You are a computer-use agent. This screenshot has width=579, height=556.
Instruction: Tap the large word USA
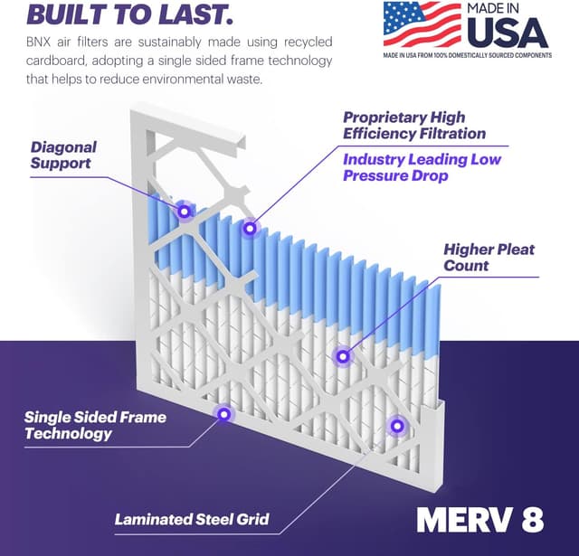tap(508, 33)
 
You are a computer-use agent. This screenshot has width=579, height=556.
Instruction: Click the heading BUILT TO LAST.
tap(128, 14)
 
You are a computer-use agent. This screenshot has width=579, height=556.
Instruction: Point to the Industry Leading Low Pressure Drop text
tap(421, 167)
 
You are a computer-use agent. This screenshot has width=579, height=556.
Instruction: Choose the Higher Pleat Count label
tap(489, 257)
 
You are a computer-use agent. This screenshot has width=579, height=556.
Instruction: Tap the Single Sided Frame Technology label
tap(95, 425)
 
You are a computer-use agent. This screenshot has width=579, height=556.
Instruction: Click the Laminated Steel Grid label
tap(192, 519)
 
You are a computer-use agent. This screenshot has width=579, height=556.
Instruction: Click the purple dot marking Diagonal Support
tap(184, 212)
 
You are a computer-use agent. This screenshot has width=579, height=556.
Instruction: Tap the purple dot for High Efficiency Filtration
tap(250, 229)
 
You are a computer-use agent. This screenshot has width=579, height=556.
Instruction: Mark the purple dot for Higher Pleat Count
tap(342, 356)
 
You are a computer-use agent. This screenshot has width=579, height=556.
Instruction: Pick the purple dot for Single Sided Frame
tap(223, 414)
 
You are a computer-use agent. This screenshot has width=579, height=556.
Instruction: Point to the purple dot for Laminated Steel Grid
tap(395, 425)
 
